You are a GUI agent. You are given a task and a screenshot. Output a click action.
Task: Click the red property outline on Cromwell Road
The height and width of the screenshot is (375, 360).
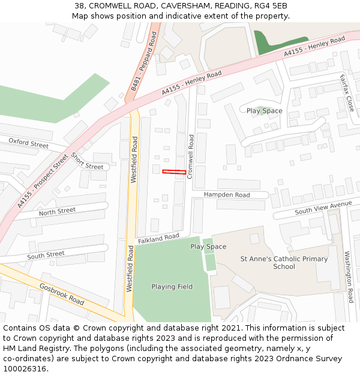click(x=174, y=172)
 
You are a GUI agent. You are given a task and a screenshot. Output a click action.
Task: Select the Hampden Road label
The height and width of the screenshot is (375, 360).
click(x=226, y=195)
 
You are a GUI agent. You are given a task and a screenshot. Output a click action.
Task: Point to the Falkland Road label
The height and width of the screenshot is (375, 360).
click(x=158, y=239)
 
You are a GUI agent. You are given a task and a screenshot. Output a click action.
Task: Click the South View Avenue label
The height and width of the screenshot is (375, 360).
click(x=323, y=208)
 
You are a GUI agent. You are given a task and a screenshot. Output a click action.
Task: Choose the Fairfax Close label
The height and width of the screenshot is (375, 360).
click(x=347, y=92)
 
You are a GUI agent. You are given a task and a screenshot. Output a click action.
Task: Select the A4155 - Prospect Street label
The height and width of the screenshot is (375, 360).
click(x=43, y=182)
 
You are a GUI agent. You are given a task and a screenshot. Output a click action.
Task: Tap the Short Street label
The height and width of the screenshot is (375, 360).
click(x=87, y=161)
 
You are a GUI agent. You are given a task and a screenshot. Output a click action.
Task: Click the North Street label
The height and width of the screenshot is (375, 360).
click(x=57, y=212)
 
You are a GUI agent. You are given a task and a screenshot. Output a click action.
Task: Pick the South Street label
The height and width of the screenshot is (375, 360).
click(x=46, y=256)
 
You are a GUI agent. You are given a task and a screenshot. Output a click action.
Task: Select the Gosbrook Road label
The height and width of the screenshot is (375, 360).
click(x=62, y=293)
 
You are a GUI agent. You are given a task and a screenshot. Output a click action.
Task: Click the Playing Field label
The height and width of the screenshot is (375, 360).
click(x=172, y=287)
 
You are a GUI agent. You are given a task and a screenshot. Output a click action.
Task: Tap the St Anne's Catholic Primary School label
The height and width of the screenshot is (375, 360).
click(x=284, y=263)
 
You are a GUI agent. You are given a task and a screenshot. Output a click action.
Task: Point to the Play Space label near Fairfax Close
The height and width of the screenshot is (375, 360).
click(x=264, y=111)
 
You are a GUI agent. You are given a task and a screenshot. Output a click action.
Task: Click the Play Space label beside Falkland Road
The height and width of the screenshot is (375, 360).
click(x=208, y=247)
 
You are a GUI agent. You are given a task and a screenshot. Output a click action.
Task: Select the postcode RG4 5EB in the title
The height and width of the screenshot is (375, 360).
click(x=273, y=5)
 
